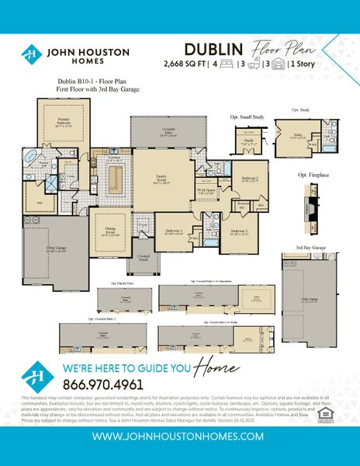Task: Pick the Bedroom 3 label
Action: tap(239, 231)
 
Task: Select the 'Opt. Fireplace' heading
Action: tap(313, 176)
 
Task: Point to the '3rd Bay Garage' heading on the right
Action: tap(310, 248)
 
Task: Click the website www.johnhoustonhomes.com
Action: tap(179, 437)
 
